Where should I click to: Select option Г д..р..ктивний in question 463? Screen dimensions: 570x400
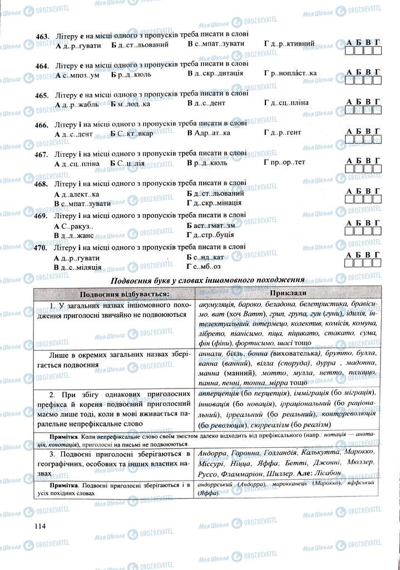[289, 43]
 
